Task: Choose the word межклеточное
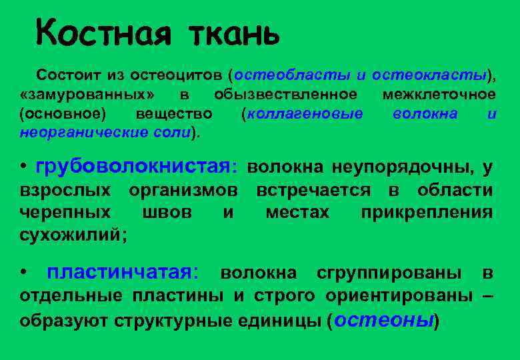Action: point(439,94)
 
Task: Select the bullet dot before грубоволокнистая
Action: point(23,167)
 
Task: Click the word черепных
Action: point(65,213)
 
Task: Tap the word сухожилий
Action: point(72,235)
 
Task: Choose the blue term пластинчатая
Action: point(122,272)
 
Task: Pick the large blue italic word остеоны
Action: point(384,319)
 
